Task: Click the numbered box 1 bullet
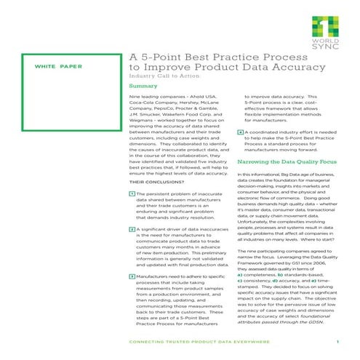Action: coord(130,194)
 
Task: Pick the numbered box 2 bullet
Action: coord(130,229)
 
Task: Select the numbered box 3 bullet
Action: coord(130,277)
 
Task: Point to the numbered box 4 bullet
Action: coord(240,132)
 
